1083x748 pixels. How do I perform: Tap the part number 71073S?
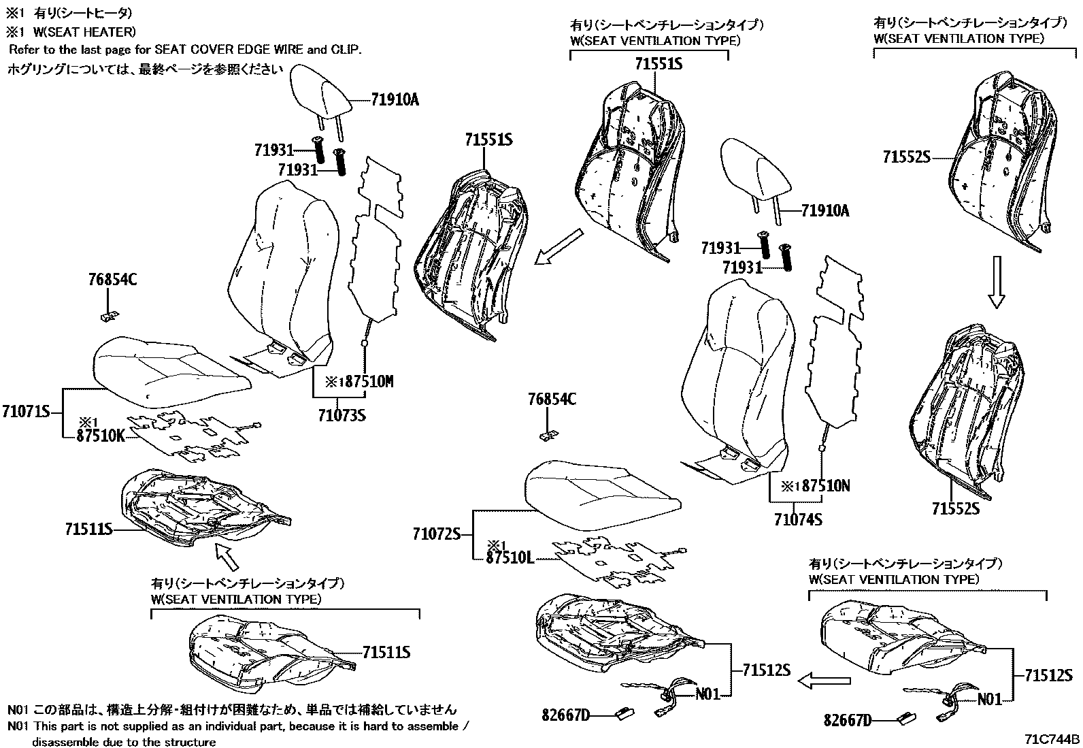[341, 414]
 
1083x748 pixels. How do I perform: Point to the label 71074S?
[797, 519]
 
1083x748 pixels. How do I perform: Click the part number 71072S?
[437, 534]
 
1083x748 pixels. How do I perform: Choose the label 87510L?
[510, 558]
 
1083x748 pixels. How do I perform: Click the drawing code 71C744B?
[1052, 739]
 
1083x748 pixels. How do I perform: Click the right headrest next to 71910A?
[757, 166]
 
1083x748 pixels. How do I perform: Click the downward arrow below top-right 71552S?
[996, 282]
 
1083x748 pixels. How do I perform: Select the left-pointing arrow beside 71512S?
[824, 680]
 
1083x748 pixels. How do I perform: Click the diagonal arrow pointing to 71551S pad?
[559, 247]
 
